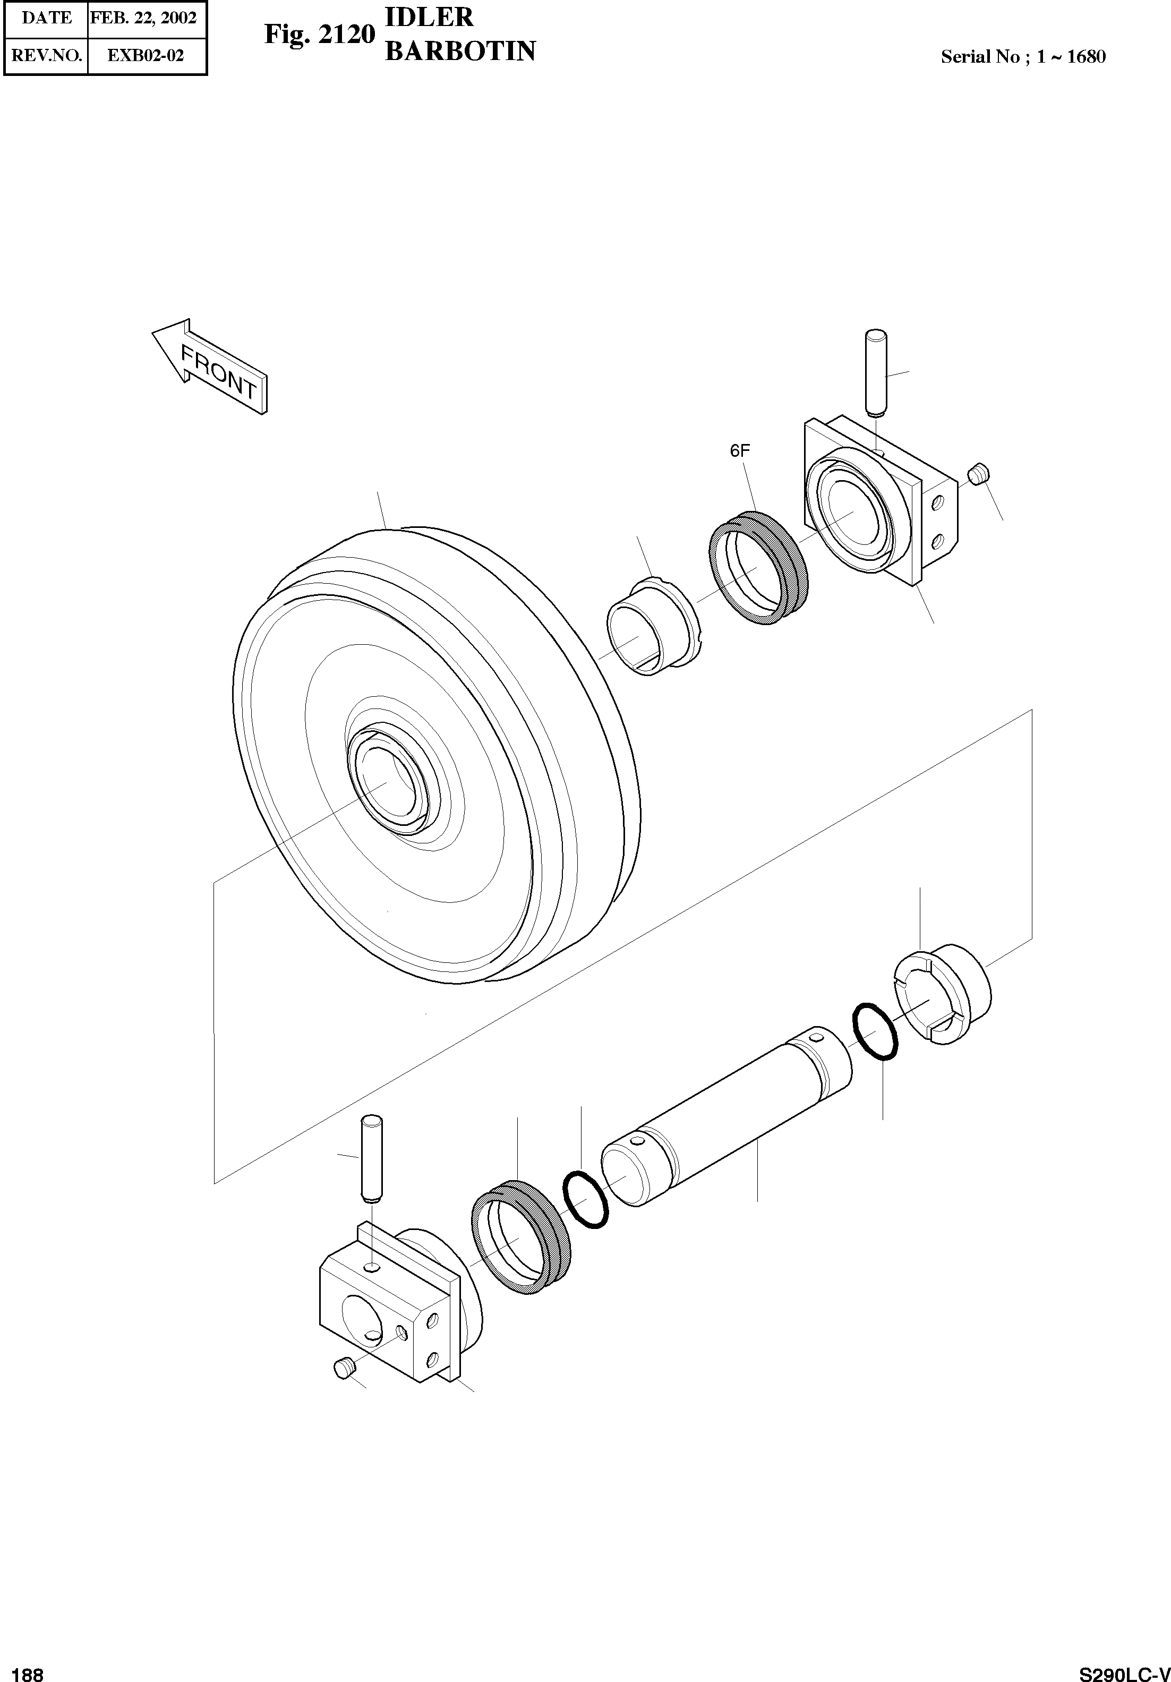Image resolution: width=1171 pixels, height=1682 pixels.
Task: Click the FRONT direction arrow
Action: pos(209,366)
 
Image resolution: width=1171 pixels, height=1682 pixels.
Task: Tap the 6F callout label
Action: pos(740,451)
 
